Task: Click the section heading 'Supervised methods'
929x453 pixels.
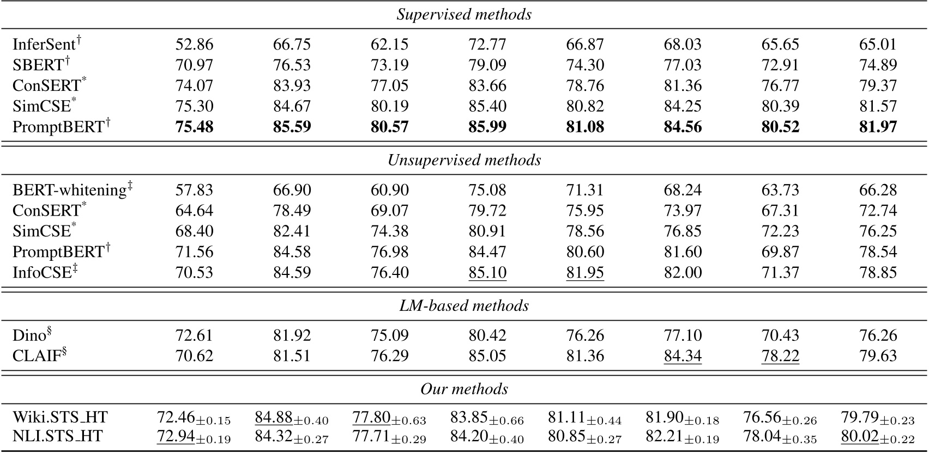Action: point(464,15)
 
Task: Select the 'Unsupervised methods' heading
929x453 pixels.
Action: point(464,160)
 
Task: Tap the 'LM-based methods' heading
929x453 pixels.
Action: point(464,305)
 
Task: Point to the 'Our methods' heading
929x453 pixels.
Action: point(464,389)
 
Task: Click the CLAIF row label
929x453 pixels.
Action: point(39,356)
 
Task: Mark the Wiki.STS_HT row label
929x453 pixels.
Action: point(60,418)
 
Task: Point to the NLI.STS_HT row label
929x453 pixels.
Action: point(58,437)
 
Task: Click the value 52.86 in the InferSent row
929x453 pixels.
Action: point(194,44)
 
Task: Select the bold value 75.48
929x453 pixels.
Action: point(194,127)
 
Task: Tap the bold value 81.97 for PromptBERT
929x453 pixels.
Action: point(878,127)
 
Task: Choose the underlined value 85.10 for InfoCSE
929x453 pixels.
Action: point(487,272)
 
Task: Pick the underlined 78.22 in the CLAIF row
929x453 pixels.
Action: point(780,356)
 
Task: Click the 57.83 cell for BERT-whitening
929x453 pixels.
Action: point(194,190)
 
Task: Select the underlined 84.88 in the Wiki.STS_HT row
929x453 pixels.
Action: point(274,418)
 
